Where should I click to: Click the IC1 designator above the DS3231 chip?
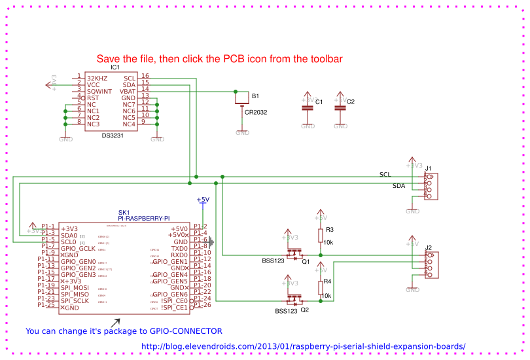tap(115, 67)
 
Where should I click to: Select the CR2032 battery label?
tap(256, 113)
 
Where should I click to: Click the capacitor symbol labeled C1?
tap(307, 108)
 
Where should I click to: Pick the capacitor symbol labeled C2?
tap(339, 108)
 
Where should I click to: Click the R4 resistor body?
tap(321, 287)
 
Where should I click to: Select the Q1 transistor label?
tap(306, 261)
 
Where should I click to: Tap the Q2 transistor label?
tap(304, 310)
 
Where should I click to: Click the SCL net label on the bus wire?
tap(385, 174)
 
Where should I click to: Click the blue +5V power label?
tap(203, 200)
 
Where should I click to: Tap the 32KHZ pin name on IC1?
tap(97, 77)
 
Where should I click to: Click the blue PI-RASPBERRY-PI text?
tap(144, 218)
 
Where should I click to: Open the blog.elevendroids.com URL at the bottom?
tap(303, 347)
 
